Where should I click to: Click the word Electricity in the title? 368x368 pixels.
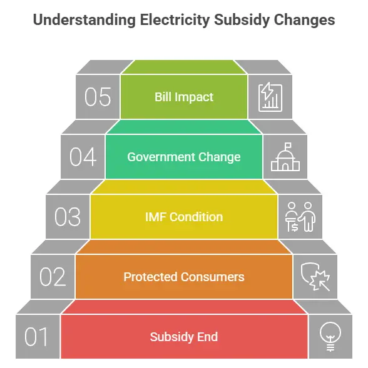pos(175,20)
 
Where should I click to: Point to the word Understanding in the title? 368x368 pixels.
pos(84,20)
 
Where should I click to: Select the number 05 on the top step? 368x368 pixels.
pos(98,97)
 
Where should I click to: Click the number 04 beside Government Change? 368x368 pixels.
pos(83,157)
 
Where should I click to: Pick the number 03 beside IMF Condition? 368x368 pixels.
pos(68,217)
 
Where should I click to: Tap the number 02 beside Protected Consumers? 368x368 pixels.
pos(53,277)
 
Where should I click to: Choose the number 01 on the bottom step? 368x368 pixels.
pos(36,337)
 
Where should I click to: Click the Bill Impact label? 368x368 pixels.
pos(184,97)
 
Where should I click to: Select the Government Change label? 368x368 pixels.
pos(184,157)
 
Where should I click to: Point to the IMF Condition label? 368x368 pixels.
pos(184,217)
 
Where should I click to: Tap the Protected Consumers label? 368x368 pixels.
pos(184,277)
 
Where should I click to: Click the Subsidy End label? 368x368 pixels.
pos(184,337)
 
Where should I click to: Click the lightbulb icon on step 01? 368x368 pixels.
pos(330,337)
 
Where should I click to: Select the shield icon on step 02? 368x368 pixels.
pos(315,277)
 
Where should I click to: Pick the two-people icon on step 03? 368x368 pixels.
pos(300,217)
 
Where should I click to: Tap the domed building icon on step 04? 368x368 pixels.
pos(285,157)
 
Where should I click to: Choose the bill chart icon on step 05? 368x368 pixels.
pos(270,97)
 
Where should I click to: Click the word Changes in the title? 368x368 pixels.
pos(304,20)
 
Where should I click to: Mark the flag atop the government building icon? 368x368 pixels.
pos(288,146)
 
